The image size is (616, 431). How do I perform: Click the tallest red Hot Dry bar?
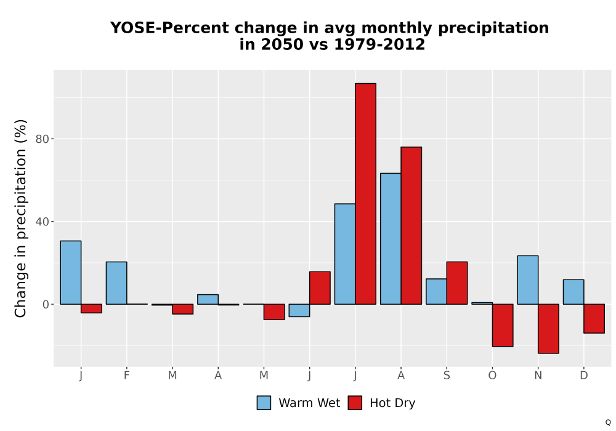365,193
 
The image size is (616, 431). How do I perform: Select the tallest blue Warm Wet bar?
391,239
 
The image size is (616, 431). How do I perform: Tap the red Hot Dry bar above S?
457,283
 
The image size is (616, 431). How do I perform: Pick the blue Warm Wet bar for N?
528,280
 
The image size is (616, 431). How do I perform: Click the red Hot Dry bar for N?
548,329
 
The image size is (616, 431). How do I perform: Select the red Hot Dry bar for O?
503,325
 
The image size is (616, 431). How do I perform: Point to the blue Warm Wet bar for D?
573,292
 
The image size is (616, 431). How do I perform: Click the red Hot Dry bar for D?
594,318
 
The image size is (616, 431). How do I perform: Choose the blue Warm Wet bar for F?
116,283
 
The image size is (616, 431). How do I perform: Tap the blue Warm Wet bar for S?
436,291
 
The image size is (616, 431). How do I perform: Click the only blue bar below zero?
299,310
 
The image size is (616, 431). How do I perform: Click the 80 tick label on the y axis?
42,139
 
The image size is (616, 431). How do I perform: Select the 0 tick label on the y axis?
46,305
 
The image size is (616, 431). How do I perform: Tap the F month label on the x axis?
126,376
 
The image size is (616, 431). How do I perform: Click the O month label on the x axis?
492,376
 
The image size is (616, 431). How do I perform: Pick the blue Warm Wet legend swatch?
264,403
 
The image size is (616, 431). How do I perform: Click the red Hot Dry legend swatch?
355,403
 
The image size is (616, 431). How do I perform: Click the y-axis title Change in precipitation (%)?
20,218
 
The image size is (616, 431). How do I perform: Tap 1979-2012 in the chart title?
379,44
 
